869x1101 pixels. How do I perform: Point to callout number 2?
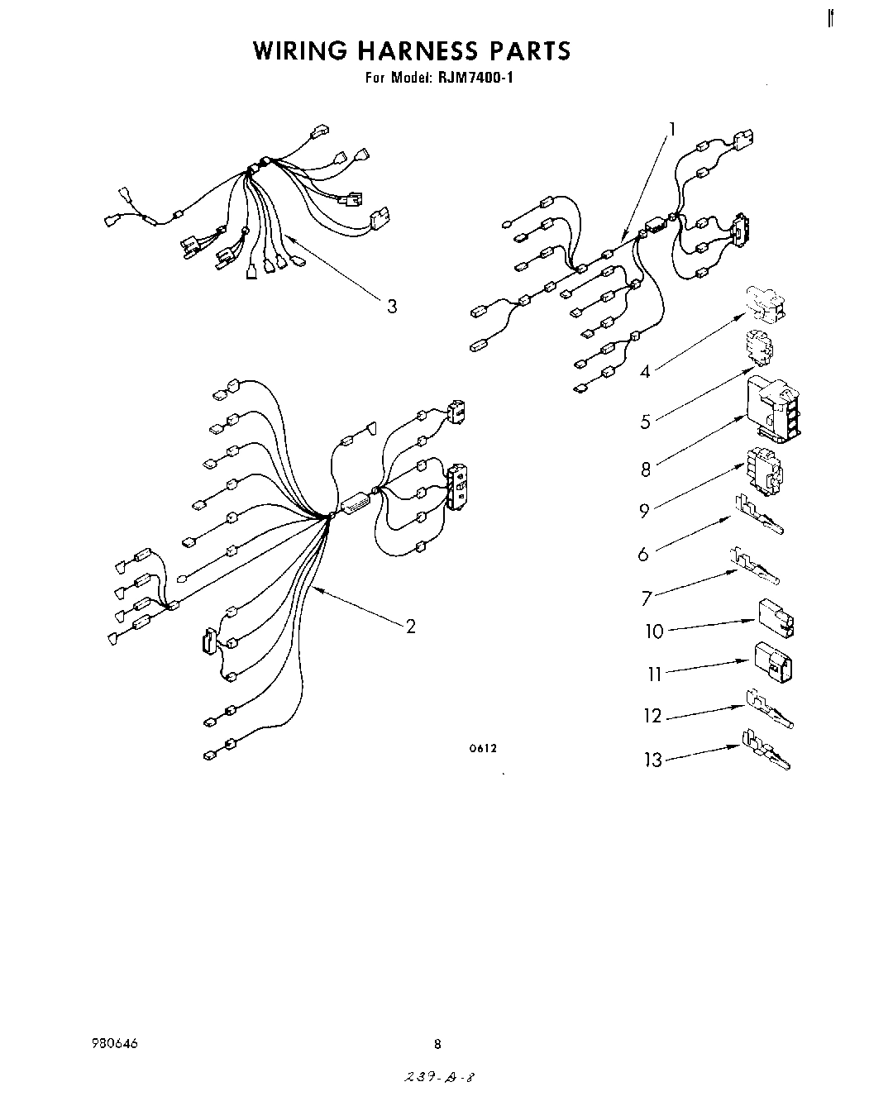pos(410,626)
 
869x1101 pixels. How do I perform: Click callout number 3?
pos(392,307)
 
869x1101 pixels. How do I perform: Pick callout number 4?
pos(645,372)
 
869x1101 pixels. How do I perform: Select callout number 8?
pos(646,469)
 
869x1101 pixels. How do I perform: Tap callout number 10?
pos(654,632)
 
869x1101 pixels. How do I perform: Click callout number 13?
pos(654,760)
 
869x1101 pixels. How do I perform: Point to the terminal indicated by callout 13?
pos(767,751)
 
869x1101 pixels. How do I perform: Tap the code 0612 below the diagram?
pos(482,749)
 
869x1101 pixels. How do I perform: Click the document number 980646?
pos(116,1044)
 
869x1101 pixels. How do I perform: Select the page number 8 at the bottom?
pos(437,1044)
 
